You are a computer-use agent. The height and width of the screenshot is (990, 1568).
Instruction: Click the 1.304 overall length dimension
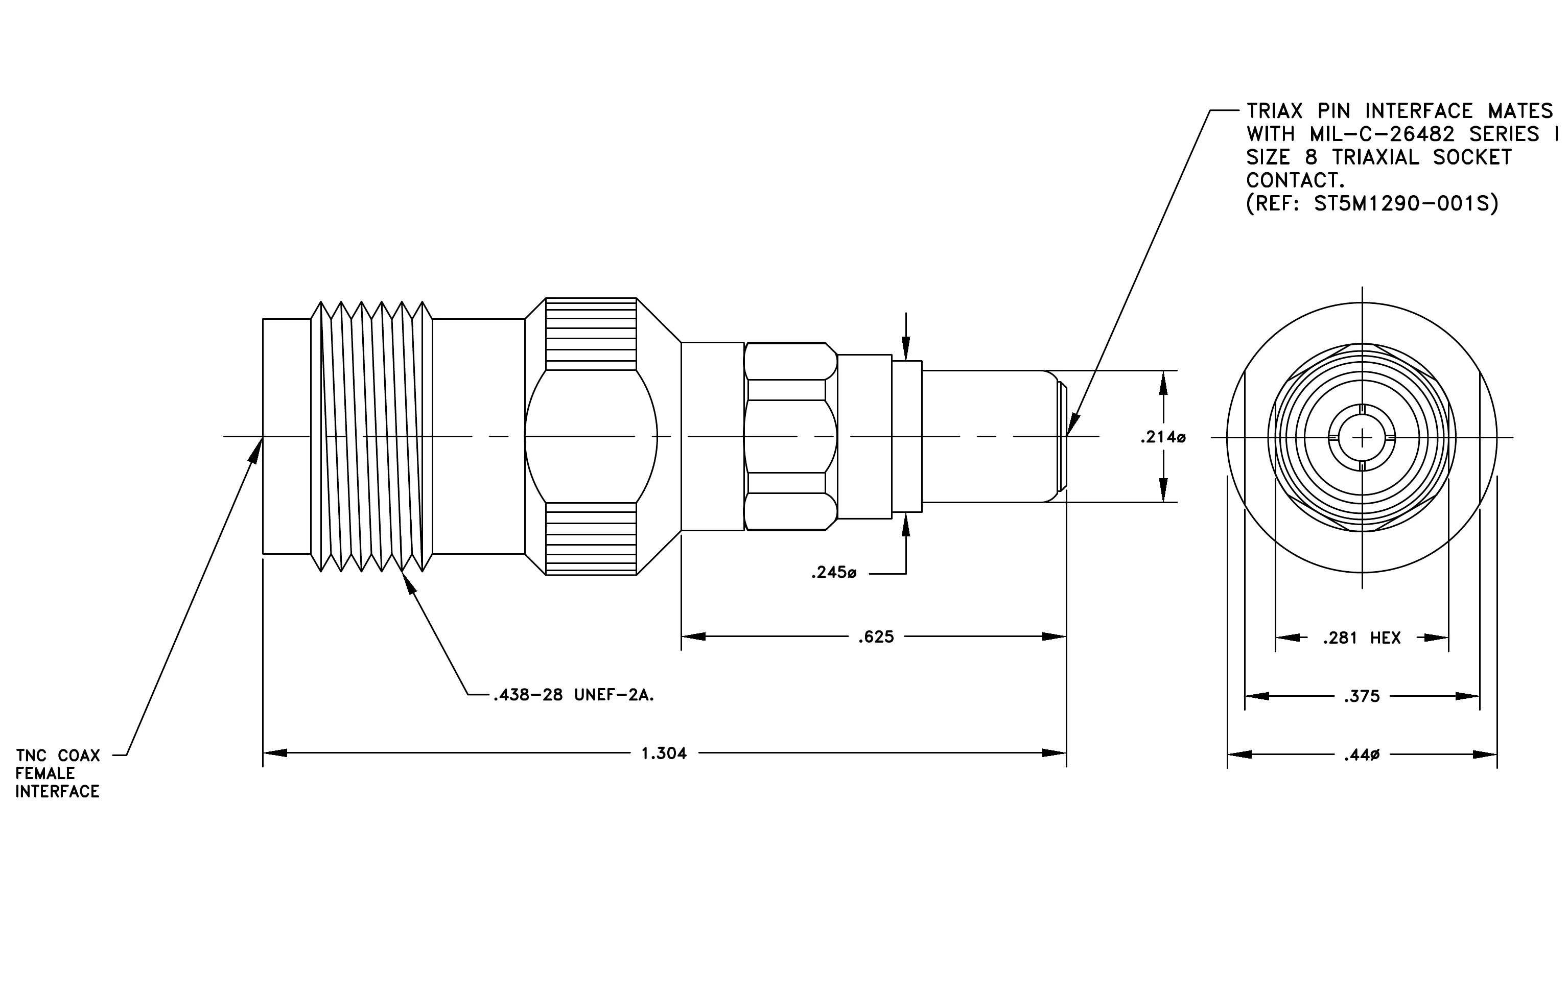(664, 753)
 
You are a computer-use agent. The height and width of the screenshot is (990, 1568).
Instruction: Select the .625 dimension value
(876, 637)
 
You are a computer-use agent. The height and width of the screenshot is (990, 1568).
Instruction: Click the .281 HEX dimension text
(1362, 639)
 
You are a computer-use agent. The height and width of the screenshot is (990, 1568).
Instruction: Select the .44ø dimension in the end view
(1362, 756)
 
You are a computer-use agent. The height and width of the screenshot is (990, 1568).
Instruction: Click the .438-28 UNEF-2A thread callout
(574, 696)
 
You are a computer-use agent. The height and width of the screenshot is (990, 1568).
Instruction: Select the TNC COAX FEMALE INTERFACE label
(58, 774)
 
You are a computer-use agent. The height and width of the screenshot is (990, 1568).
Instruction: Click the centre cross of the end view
(1362, 437)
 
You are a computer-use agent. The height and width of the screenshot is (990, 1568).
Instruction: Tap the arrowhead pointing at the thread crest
(408, 582)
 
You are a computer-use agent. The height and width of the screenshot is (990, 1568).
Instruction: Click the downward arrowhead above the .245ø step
(906, 349)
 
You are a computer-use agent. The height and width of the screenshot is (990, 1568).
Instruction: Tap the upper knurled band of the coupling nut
(591, 334)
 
